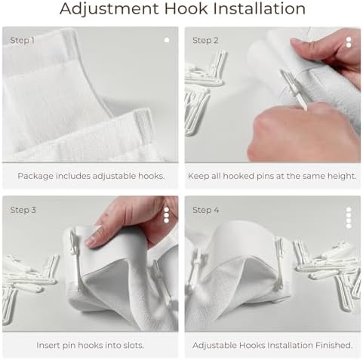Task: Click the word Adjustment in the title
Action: tap(110, 9)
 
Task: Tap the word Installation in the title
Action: tap(260, 8)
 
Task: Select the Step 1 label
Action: tap(22, 40)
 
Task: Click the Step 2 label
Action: tap(205, 40)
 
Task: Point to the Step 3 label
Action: tap(23, 210)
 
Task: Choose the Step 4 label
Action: tap(206, 210)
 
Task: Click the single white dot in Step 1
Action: tap(167, 40)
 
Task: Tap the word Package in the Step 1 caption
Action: tap(35, 176)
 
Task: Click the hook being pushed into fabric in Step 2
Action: tap(294, 90)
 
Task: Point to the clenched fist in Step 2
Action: tap(302, 134)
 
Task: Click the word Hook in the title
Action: tap(186, 8)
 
